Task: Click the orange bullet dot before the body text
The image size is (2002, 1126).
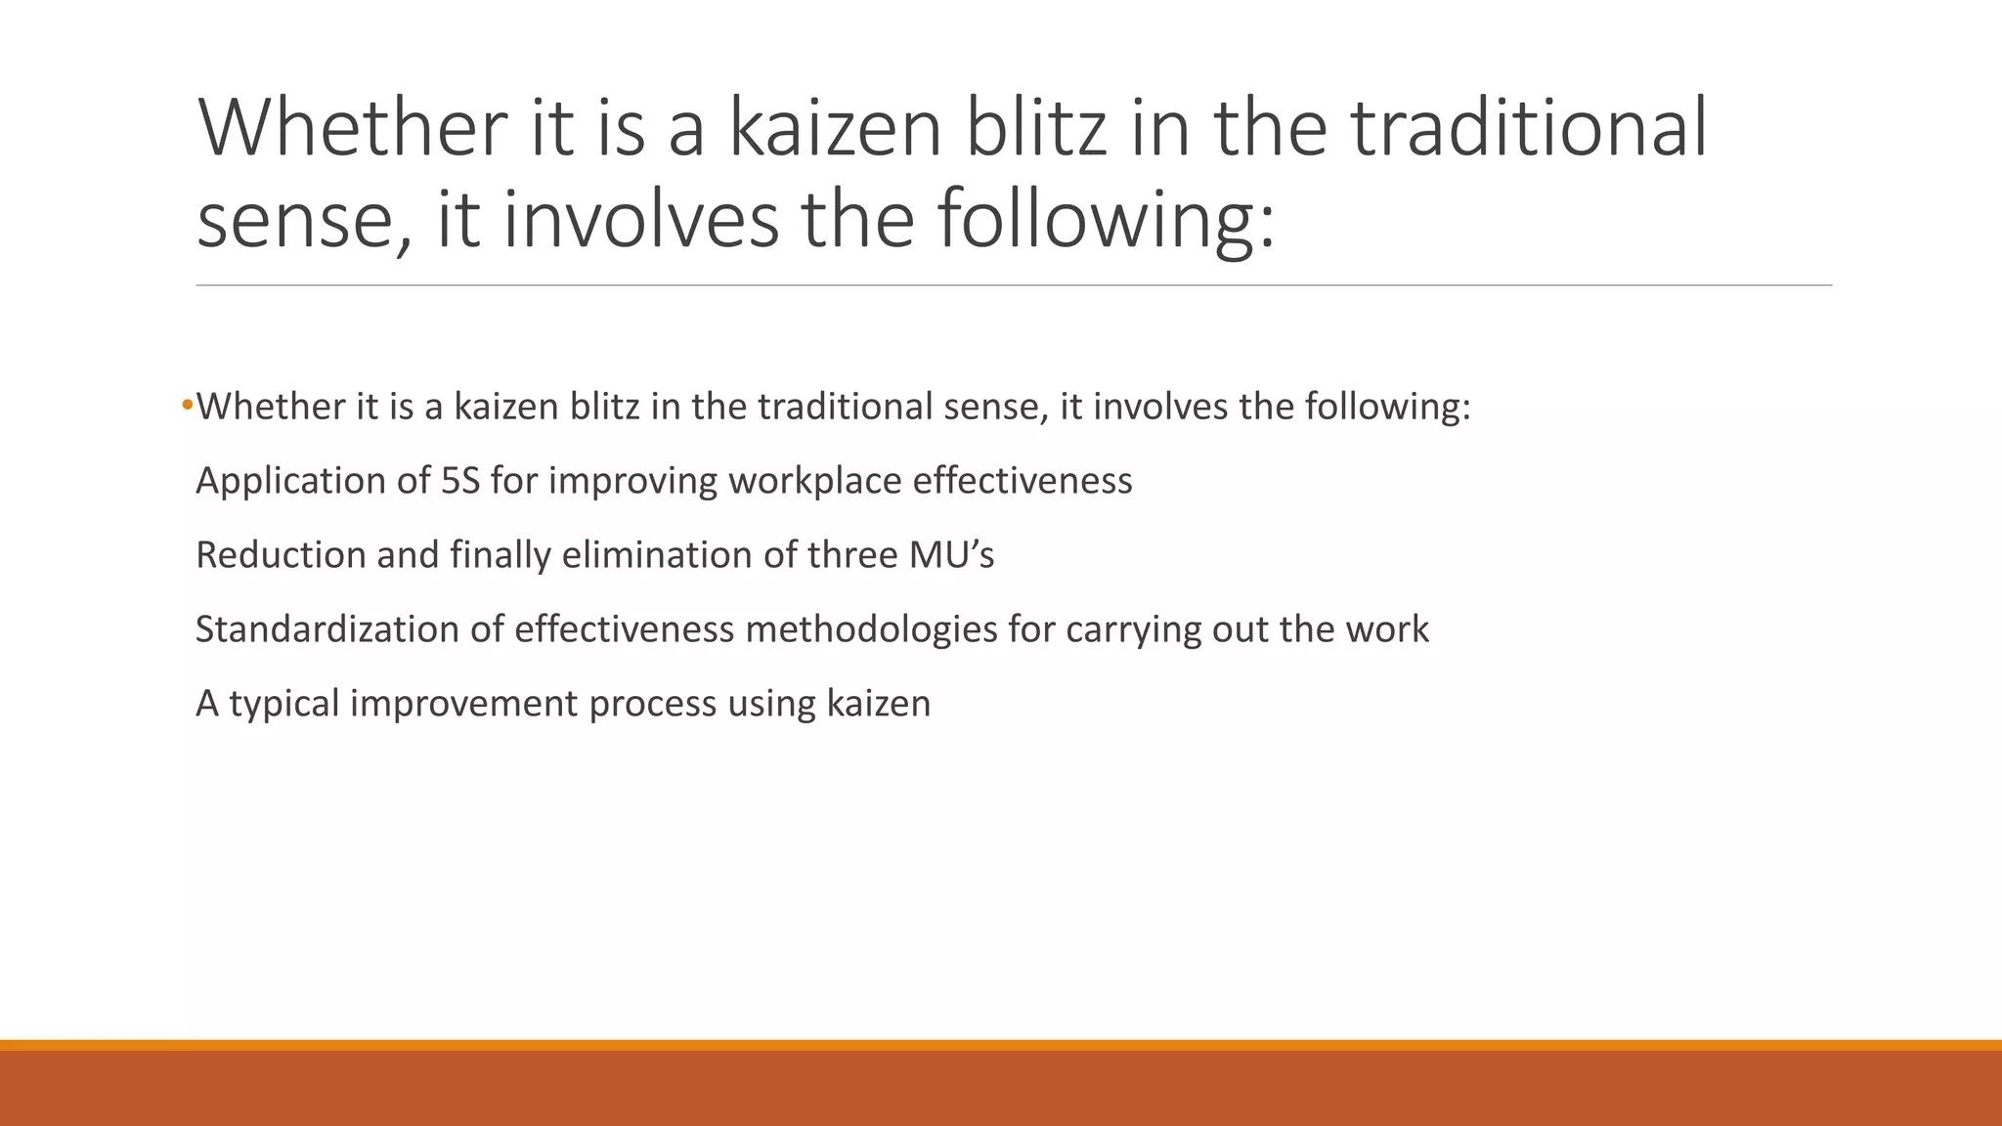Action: click(187, 405)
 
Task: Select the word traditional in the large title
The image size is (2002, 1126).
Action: click(1529, 127)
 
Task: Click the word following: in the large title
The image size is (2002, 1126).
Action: click(1107, 218)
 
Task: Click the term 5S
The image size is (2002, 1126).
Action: click(460, 481)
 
